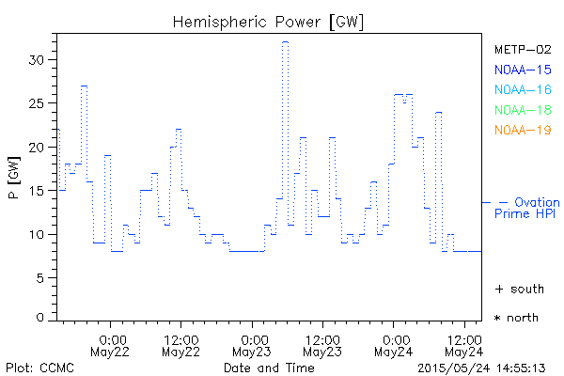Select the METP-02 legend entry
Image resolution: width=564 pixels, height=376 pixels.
[x=523, y=49]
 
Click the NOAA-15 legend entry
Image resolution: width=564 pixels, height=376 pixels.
[x=523, y=69]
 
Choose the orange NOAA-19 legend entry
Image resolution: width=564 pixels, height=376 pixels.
[x=523, y=130]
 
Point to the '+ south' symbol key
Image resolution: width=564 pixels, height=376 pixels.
[x=519, y=289]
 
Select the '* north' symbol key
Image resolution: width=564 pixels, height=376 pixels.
[x=516, y=318]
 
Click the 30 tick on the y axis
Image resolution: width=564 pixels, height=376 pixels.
[x=39, y=59]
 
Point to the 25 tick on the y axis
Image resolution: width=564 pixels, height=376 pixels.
[x=39, y=103]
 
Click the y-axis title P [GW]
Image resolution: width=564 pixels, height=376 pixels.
[x=14, y=180]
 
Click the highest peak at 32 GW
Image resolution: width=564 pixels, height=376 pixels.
[x=285, y=41]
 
